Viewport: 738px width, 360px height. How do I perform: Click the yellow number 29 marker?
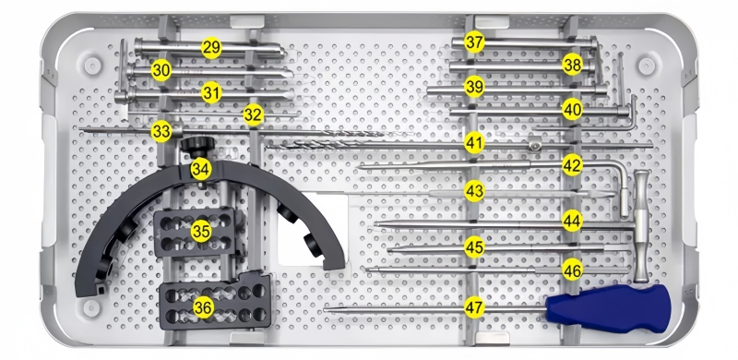coord(211,48)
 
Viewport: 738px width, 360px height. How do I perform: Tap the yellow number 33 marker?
coord(161,132)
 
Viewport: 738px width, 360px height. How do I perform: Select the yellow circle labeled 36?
coord(203,307)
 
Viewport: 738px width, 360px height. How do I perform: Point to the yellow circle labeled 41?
coord(474,143)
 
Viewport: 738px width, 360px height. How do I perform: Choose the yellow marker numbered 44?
coord(572,220)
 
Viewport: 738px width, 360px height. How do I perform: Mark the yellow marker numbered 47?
coord(474,307)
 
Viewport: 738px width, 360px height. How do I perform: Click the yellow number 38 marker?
coord(572,65)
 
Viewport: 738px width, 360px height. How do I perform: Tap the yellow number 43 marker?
coord(474,191)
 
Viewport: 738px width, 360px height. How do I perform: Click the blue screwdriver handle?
coord(608,308)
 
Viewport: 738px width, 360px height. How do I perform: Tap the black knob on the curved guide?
coord(197,146)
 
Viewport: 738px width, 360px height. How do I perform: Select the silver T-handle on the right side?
coord(641,227)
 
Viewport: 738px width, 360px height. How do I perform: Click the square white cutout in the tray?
coord(313,229)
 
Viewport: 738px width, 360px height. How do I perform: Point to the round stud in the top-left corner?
coord(93,66)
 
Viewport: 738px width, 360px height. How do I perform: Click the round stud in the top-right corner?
coord(647,66)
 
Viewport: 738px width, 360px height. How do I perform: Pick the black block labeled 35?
coord(195,233)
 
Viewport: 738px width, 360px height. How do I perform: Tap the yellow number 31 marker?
coord(211,93)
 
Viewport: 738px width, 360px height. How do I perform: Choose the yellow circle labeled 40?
coord(572,110)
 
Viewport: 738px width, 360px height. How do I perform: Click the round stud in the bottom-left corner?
coord(91,308)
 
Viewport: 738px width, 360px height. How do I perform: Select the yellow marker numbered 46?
coord(572,270)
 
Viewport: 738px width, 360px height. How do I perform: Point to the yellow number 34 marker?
coord(201,170)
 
